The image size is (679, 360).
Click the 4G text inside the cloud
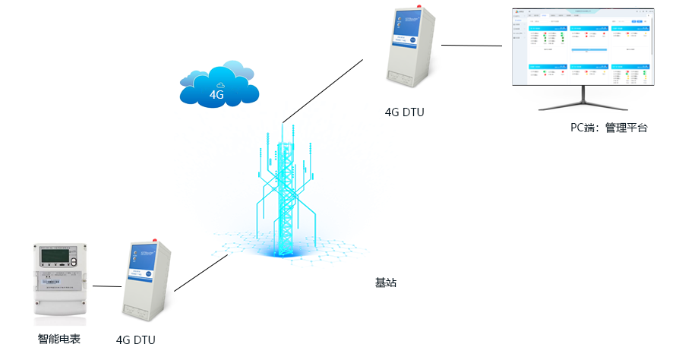point(217,95)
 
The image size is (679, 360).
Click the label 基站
point(386,283)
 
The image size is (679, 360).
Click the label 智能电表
point(59,339)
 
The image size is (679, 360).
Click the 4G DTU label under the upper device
point(404,112)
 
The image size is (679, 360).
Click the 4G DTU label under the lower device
point(136,340)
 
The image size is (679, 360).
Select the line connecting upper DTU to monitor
point(471,46)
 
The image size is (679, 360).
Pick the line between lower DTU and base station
point(201,273)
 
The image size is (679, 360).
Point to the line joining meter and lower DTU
point(106,286)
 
